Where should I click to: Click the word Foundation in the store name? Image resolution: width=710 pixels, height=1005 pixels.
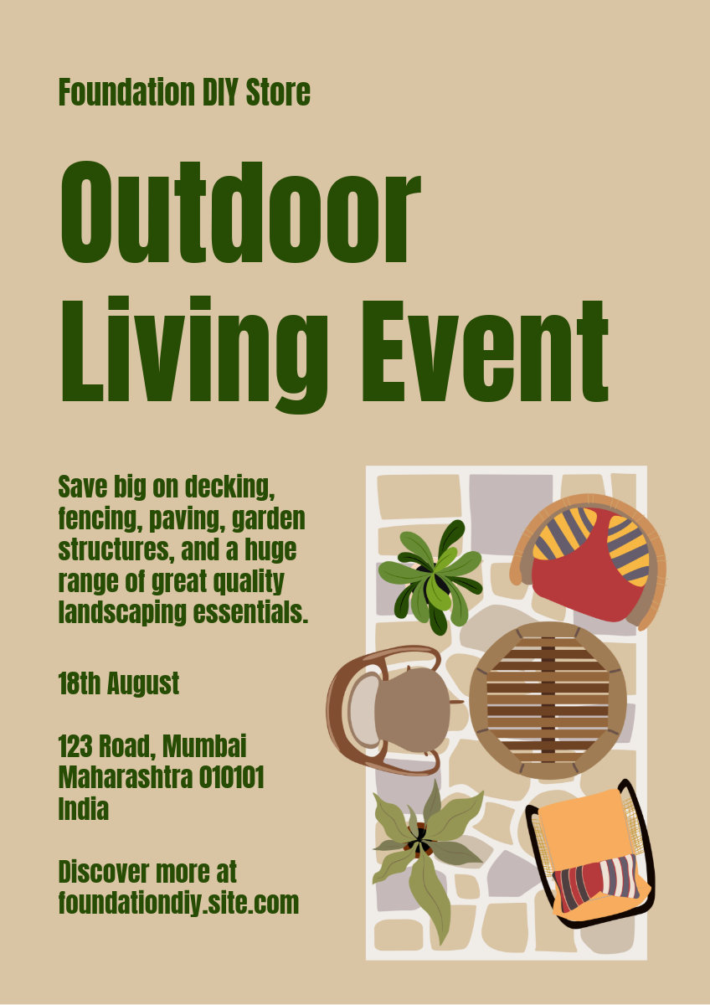tap(127, 92)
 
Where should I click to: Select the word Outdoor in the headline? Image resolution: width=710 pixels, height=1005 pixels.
tap(240, 212)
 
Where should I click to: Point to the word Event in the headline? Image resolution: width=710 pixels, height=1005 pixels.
tap(485, 350)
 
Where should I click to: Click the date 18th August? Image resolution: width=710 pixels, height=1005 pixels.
tap(119, 683)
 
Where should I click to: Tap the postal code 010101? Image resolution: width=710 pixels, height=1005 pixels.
tap(231, 777)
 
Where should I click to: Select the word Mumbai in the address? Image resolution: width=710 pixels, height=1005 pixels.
tap(204, 746)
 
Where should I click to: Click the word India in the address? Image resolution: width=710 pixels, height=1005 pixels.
tap(84, 809)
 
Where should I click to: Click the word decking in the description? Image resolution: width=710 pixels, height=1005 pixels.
tap(229, 487)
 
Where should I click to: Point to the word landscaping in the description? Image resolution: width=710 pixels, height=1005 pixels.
tap(122, 613)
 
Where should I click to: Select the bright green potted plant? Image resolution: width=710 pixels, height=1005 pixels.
tap(430, 577)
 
